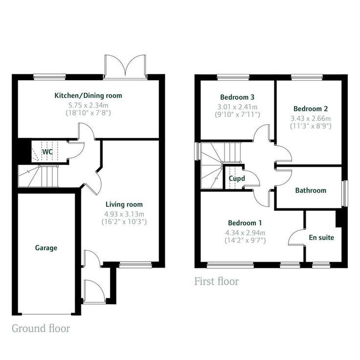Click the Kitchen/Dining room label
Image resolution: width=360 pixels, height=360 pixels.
click(x=88, y=95)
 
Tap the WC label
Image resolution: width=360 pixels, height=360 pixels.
click(x=47, y=152)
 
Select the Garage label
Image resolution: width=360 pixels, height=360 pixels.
click(x=46, y=248)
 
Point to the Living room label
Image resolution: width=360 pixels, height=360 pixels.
click(x=124, y=204)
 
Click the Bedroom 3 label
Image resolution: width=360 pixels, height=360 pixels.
click(x=237, y=97)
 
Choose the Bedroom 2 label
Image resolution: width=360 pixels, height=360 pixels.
click(x=311, y=109)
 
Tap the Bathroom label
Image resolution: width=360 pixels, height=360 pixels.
click(x=311, y=191)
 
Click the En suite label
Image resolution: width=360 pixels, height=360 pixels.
click(x=321, y=238)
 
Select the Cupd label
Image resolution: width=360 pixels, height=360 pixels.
click(x=237, y=179)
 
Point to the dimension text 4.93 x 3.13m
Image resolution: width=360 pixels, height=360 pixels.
click(x=124, y=214)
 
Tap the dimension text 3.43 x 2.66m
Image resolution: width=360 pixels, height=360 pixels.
click(x=311, y=118)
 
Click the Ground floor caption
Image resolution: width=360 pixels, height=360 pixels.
click(x=41, y=328)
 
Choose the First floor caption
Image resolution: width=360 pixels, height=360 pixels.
click(x=216, y=281)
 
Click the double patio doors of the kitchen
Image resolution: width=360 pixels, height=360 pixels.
click(x=126, y=67)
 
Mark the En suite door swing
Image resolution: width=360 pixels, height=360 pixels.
click(x=297, y=237)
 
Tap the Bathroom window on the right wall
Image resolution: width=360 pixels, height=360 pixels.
click(x=344, y=194)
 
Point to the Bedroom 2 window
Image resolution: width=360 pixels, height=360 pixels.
click(x=307, y=77)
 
